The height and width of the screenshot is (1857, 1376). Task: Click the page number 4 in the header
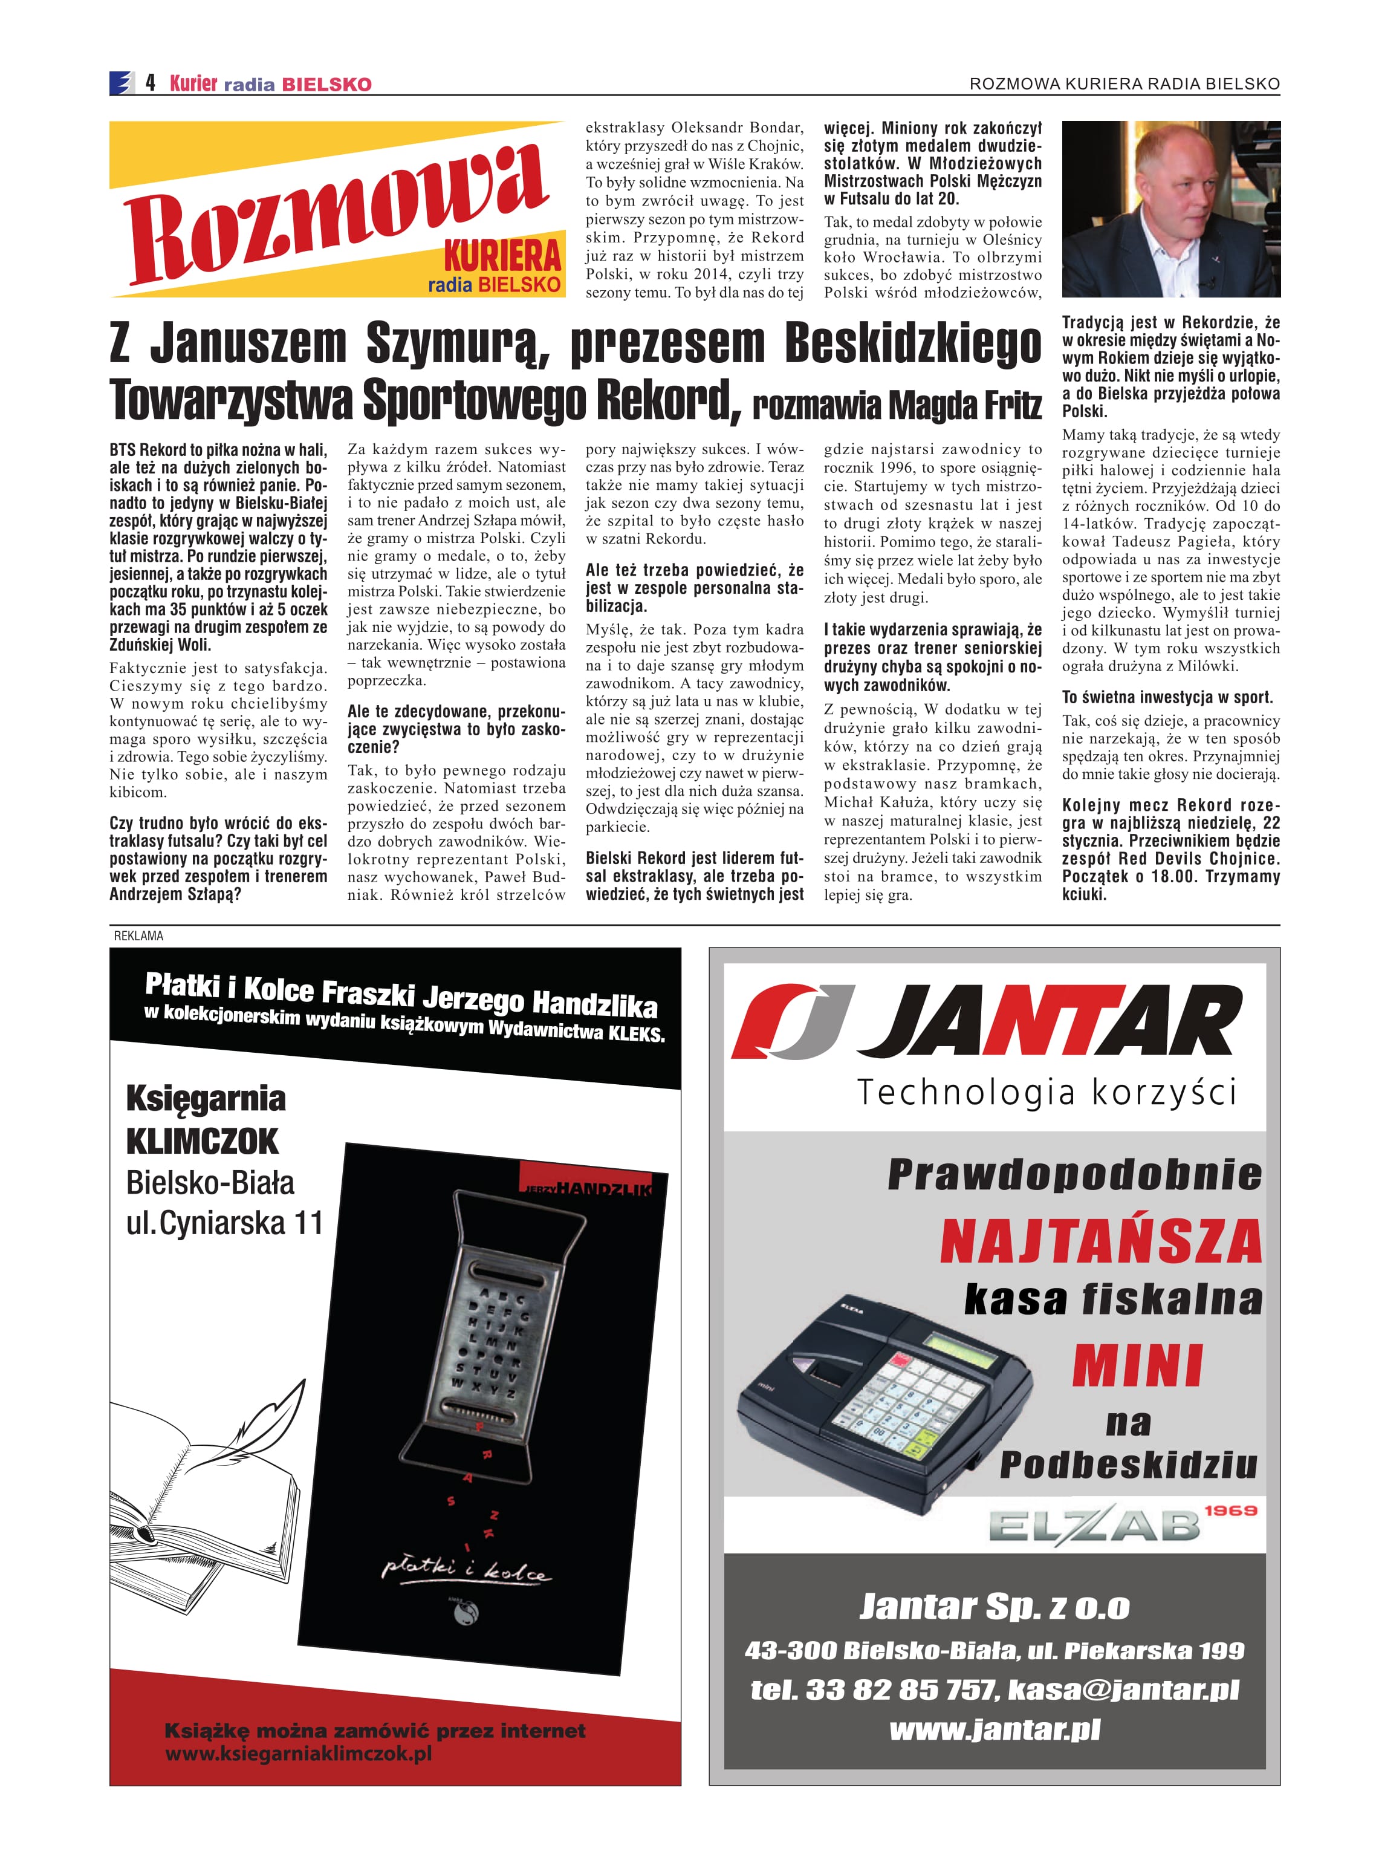pos(150,82)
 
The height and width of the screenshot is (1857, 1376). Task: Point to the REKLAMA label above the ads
pos(138,935)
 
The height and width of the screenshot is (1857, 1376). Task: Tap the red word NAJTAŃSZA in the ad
pos(1100,1241)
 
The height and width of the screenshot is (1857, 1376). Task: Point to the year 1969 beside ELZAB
pos(1230,1509)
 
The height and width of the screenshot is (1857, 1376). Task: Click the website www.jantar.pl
pos(995,1731)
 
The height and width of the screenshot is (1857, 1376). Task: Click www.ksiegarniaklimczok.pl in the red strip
pos(298,1753)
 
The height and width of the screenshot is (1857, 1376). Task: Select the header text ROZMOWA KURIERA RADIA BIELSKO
pos(1124,83)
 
